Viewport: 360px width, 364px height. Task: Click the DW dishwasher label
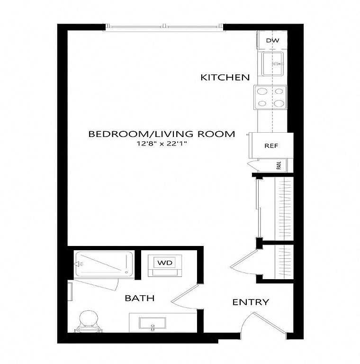coord(272,40)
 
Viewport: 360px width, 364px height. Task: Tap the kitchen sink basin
coord(272,64)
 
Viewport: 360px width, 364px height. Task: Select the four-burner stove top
coord(270,97)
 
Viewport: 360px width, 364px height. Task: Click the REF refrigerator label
coord(271,146)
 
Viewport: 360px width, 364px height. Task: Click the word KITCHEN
coord(225,78)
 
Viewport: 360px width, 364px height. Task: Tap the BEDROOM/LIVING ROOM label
coord(162,134)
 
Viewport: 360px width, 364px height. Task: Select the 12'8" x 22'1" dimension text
coord(162,144)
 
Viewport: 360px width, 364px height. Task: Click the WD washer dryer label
coord(165,263)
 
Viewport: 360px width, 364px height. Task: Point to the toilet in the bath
coord(88,321)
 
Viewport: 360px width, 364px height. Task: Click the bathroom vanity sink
coord(153,323)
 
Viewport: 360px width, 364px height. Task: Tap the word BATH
coord(140,298)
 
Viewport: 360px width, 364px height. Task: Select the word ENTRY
coord(251,302)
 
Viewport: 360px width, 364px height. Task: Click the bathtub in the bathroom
coord(103,264)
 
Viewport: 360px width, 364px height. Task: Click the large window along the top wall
coord(164,27)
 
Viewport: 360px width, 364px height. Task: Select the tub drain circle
coord(126,272)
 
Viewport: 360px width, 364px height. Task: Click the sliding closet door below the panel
coord(259,208)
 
